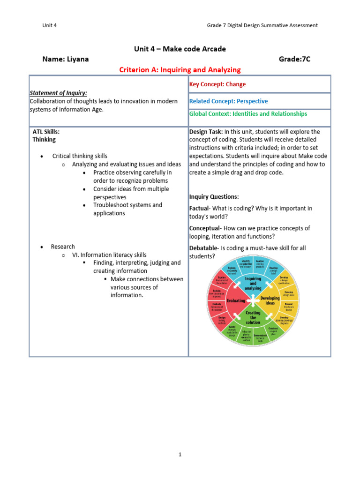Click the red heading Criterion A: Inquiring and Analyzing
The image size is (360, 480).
pyautogui.click(x=180, y=70)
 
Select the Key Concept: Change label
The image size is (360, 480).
pyautogui.click(x=217, y=84)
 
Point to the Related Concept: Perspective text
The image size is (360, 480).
pyautogui.click(x=228, y=101)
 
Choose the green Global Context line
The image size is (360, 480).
pyautogui.click(x=248, y=114)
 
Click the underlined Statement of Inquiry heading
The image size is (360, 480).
pyautogui.click(x=58, y=93)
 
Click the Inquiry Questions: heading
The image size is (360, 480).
pyautogui.click(x=214, y=196)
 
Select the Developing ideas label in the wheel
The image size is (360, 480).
pyautogui.click(x=270, y=300)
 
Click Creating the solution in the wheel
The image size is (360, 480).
pyautogui.click(x=253, y=318)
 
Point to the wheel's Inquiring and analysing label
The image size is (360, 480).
pyautogui.click(x=253, y=283)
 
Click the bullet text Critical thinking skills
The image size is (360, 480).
pyautogui.click(x=80, y=156)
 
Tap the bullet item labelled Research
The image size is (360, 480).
pyautogui.click(x=63, y=247)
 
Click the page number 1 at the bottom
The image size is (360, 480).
pyautogui.click(x=180, y=454)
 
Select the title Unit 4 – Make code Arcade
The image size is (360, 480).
pyautogui.click(x=180, y=49)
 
